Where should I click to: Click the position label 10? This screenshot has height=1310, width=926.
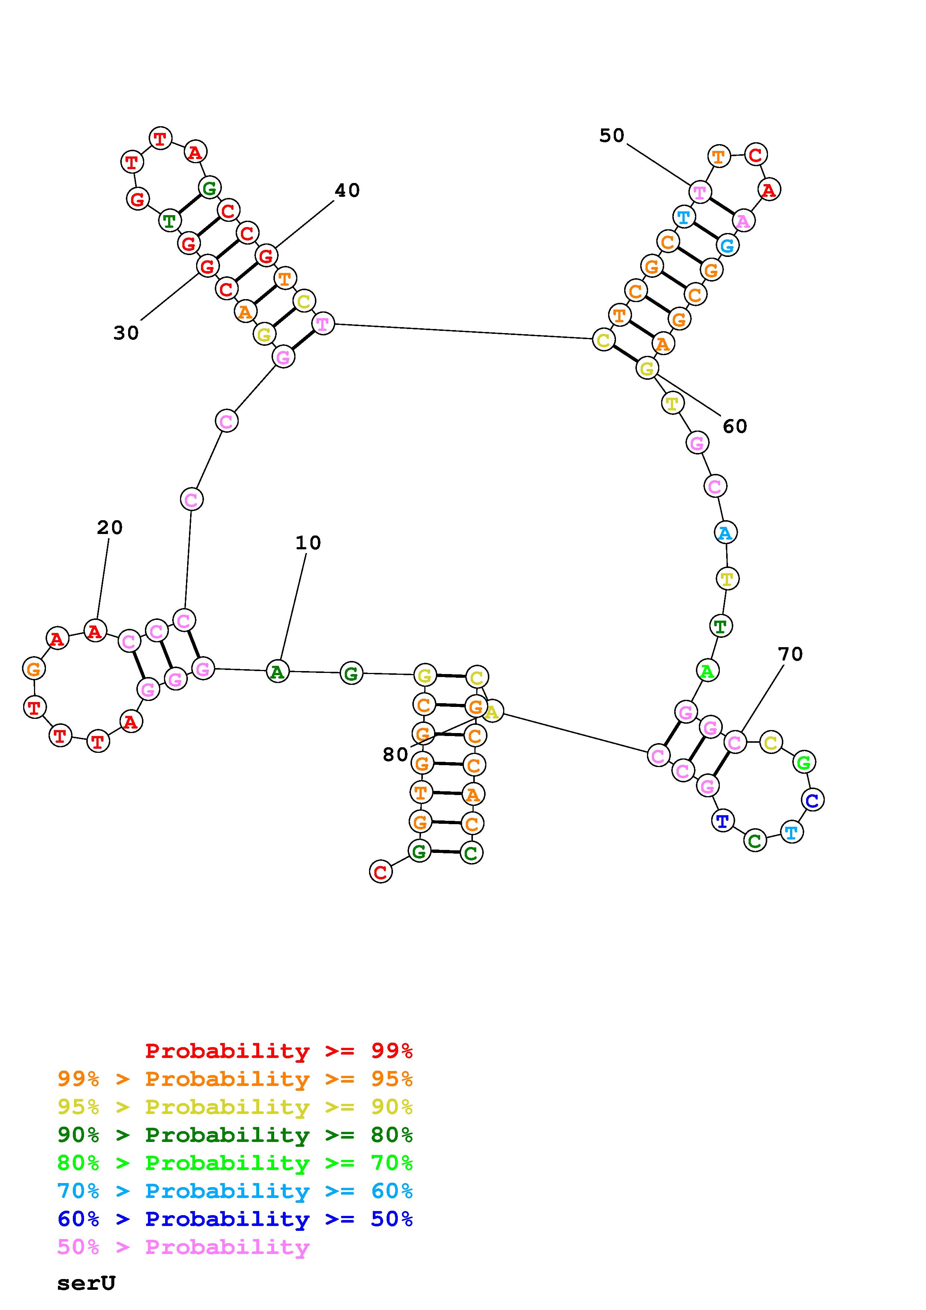coord(308,543)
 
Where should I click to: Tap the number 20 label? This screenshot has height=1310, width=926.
coord(109,528)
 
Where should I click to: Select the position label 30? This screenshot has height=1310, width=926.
coord(126,333)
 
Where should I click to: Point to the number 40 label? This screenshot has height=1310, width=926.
coord(347,190)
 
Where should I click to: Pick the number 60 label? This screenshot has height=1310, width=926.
coord(735,426)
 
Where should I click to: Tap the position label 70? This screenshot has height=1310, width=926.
coord(790,654)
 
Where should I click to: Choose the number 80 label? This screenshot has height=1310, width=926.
coord(396,755)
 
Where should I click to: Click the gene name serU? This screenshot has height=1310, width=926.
coord(86,1283)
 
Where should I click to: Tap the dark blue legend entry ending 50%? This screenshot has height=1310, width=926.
coord(235,1219)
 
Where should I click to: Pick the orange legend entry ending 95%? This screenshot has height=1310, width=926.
coord(235,1079)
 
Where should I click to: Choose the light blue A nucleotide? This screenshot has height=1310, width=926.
coord(725,533)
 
